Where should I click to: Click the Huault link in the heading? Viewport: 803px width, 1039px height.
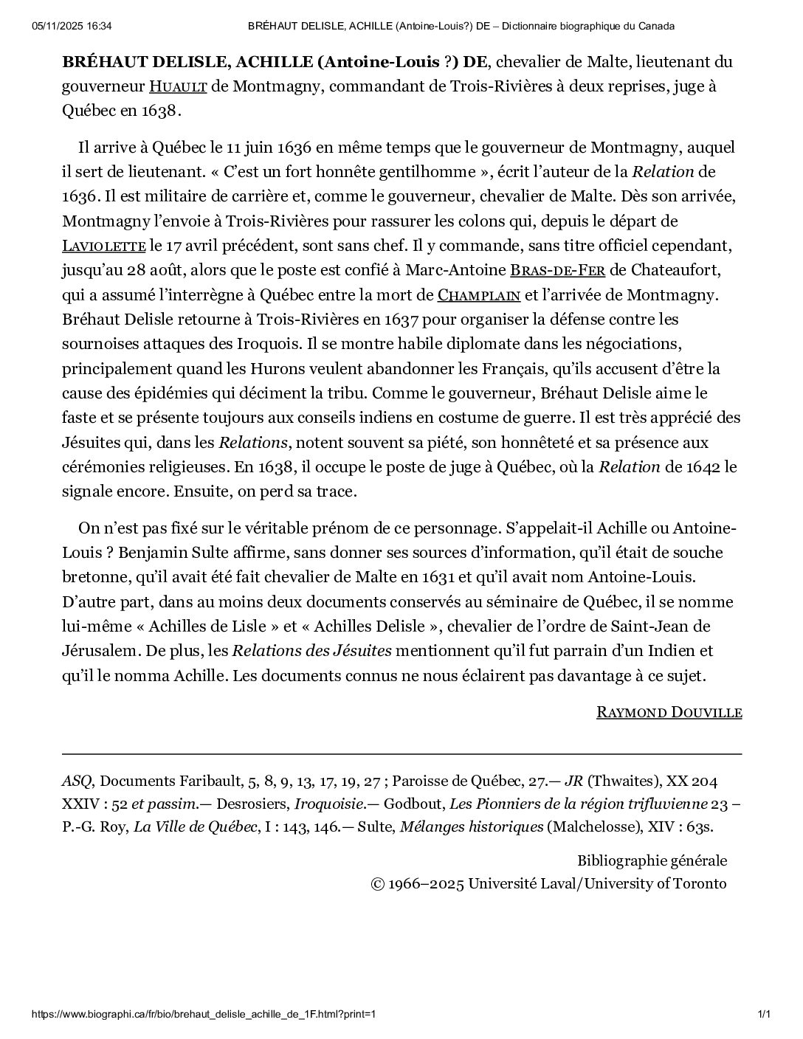[178, 87]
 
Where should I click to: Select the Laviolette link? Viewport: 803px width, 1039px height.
[104, 246]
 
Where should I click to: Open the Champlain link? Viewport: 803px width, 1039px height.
[479, 296]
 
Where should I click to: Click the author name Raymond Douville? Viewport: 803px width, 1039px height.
[669, 712]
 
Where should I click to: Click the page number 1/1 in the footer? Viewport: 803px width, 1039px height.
[764, 1015]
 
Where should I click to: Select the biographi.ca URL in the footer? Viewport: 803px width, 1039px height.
[204, 1015]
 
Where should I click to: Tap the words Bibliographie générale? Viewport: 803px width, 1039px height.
[652, 860]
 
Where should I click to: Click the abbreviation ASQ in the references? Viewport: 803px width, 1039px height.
[77, 781]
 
